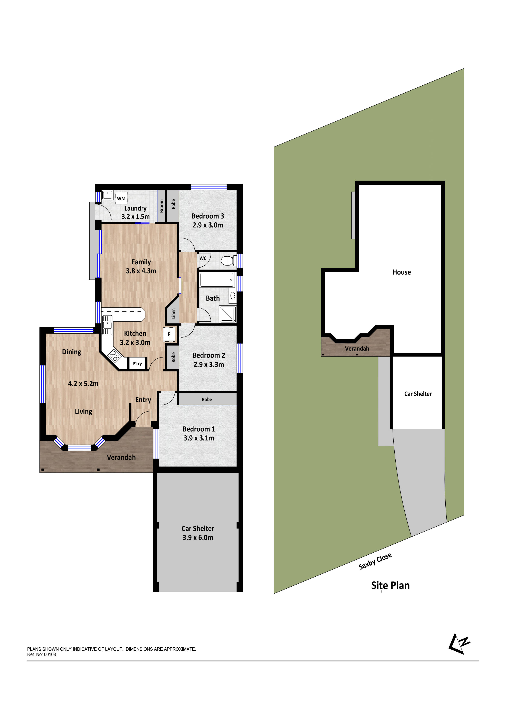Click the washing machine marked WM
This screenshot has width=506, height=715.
(121, 198)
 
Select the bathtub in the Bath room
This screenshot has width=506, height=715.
(217, 280)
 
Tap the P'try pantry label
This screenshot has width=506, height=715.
(137, 363)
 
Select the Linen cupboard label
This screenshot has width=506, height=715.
(174, 313)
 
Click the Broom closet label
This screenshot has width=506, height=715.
(162, 206)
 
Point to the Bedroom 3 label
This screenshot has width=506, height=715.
(208, 216)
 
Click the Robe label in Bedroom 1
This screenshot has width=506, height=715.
(207, 399)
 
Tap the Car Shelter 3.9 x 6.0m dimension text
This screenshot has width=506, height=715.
(198, 537)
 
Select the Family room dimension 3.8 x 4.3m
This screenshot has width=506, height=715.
(141, 271)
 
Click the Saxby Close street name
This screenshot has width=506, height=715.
(375, 561)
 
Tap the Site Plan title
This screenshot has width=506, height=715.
(390, 585)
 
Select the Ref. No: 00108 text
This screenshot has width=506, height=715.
(41, 654)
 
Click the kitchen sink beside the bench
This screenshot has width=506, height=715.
(107, 325)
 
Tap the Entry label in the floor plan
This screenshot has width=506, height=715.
(143, 400)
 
